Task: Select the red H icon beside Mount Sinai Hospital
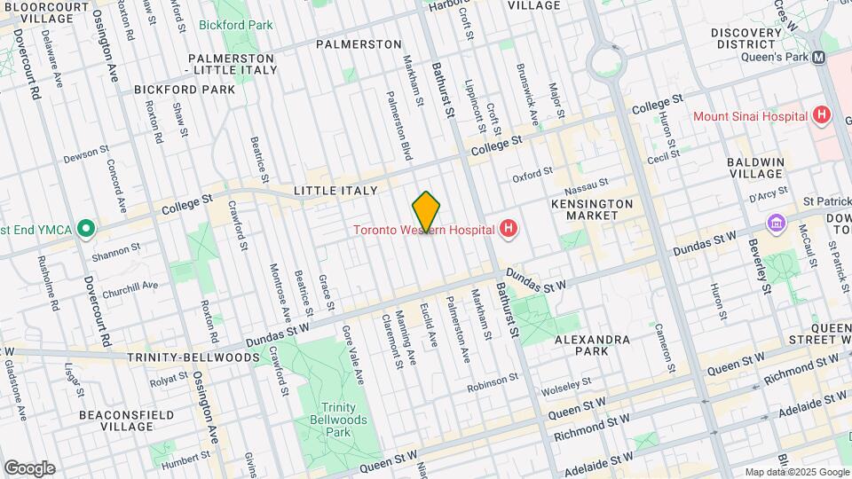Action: (x=822, y=115)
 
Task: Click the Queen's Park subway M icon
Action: (x=819, y=56)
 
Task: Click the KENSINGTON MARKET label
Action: (x=599, y=209)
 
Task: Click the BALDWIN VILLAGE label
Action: (x=755, y=169)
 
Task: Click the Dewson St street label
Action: (x=85, y=154)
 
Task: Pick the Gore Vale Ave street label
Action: (x=351, y=353)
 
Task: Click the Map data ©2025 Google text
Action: (x=797, y=472)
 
